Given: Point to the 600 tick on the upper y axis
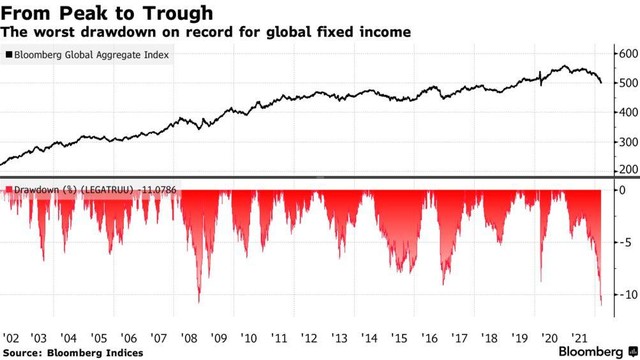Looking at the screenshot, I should [x=625, y=52].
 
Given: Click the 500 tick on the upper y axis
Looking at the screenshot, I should [x=625, y=82].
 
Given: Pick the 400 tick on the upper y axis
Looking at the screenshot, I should [x=625, y=112].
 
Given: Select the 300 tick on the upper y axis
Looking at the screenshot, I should [x=625, y=141].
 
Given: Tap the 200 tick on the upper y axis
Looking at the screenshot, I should [x=625, y=171].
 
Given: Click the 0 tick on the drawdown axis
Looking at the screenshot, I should [x=621, y=189].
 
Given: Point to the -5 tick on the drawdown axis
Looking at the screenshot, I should [x=622, y=241].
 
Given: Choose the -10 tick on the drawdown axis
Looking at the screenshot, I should [x=624, y=294].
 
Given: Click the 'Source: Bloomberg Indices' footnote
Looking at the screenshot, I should [x=72, y=352].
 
